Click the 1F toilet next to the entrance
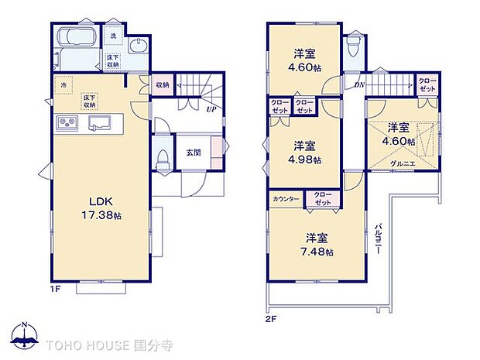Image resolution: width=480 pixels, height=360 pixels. [x=162, y=160]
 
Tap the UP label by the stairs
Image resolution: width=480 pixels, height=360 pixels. [x=210, y=109]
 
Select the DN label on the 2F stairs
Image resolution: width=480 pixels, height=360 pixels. [x=359, y=84]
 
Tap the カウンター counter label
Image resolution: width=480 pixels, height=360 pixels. [x=286, y=199]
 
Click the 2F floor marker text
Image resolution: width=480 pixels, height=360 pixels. [x=271, y=318]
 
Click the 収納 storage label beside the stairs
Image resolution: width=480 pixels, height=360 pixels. [x=162, y=85]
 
